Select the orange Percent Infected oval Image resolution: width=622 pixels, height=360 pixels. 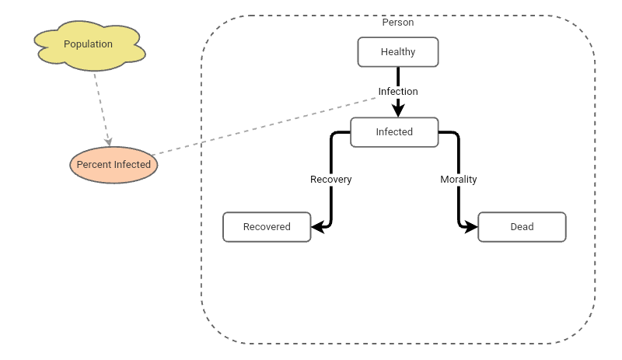pyautogui.click(x=114, y=165)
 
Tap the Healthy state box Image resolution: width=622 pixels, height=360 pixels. pyautogui.click(x=398, y=52)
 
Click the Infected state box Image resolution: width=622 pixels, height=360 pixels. pyautogui.click(x=394, y=131)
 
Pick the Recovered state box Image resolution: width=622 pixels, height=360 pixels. pyautogui.click(x=267, y=226)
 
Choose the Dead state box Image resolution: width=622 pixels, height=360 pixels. pyautogui.click(x=522, y=226)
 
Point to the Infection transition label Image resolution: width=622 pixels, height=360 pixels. pyautogui.click(x=398, y=91)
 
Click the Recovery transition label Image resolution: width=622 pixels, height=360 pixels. pyautogui.click(x=331, y=179)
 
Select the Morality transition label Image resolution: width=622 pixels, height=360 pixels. pyautogui.click(x=459, y=179)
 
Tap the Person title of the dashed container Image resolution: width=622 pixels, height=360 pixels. pyautogui.click(x=398, y=23)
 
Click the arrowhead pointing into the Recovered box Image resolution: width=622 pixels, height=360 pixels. pyautogui.click(x=316, y=227)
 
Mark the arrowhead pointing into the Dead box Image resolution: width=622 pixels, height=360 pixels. pyautogui.click(x=473, y=227)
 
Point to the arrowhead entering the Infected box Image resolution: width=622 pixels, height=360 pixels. pyautogui.click(x=398, y=112)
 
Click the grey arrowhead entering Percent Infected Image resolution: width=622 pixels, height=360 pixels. pyautogui.click(x=109, y=142)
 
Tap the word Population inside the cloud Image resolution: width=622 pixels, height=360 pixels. pyautogui.click(x=88, y=44)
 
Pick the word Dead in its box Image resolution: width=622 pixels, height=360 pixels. pyautogui.click(x=522, y=226)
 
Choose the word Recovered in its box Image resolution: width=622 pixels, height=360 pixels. pyautogui.click(x=267, y=226)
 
